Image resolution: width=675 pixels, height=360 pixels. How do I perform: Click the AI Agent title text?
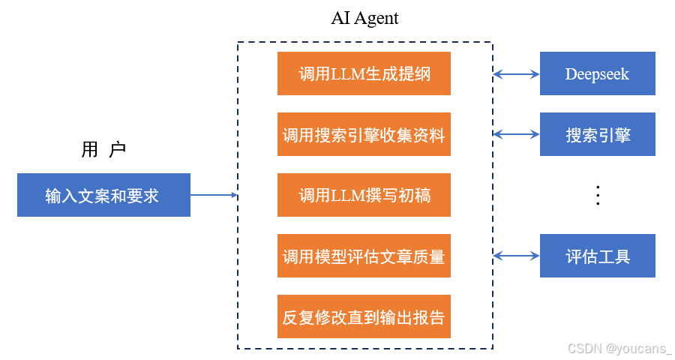pyautogui.click(x=365, y=19)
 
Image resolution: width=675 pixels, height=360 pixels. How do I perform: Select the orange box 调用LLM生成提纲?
pyautogui.click(x=364, y=73)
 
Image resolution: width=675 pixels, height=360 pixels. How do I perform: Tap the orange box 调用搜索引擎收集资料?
pyautogui.click(x=364, y=135)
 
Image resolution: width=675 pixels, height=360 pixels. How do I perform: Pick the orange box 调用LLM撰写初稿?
pyautogui.click(x=364, y=196)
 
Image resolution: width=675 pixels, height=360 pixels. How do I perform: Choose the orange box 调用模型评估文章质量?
pyautogui.click(x=364, y=256)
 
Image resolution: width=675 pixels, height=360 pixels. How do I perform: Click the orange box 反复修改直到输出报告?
pyautogui.click(x=364, y=316)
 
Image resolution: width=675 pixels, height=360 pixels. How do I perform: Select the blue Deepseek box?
pyautogui.click(x=598, y=73)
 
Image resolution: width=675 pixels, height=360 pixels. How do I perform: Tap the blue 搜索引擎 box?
pyautogui.click(x=598, y=135)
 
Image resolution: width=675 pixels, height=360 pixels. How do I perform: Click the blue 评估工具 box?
pyautogui.click(x=598, y=256)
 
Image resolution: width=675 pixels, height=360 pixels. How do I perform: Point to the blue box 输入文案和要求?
pyautogui.click(x=103, y=196)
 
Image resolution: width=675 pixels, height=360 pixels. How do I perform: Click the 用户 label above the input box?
pyautogui.click(x=103, y=150)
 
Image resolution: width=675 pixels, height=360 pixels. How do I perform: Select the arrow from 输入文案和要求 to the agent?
pyautogui.click(x=214, y=196)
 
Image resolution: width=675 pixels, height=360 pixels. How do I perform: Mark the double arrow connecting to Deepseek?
pyautogui.click(x=516, y=73)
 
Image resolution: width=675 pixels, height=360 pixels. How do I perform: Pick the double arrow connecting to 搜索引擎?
pyautogui.click(x=516, y=135)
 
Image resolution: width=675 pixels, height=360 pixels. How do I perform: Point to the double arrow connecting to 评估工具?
pyautogui.click(x=516, y=256)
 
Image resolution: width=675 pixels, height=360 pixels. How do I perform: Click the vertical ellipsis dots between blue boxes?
pyautogui.click(x=598, y=195)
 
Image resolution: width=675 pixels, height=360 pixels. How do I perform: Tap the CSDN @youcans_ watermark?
pyautogui.click(x=619, y=349)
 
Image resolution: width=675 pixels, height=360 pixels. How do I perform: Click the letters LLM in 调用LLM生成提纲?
pyautogui.click(x=346, y=74)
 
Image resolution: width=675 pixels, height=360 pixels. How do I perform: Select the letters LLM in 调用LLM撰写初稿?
pyautogui.click(x=346, y=196)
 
